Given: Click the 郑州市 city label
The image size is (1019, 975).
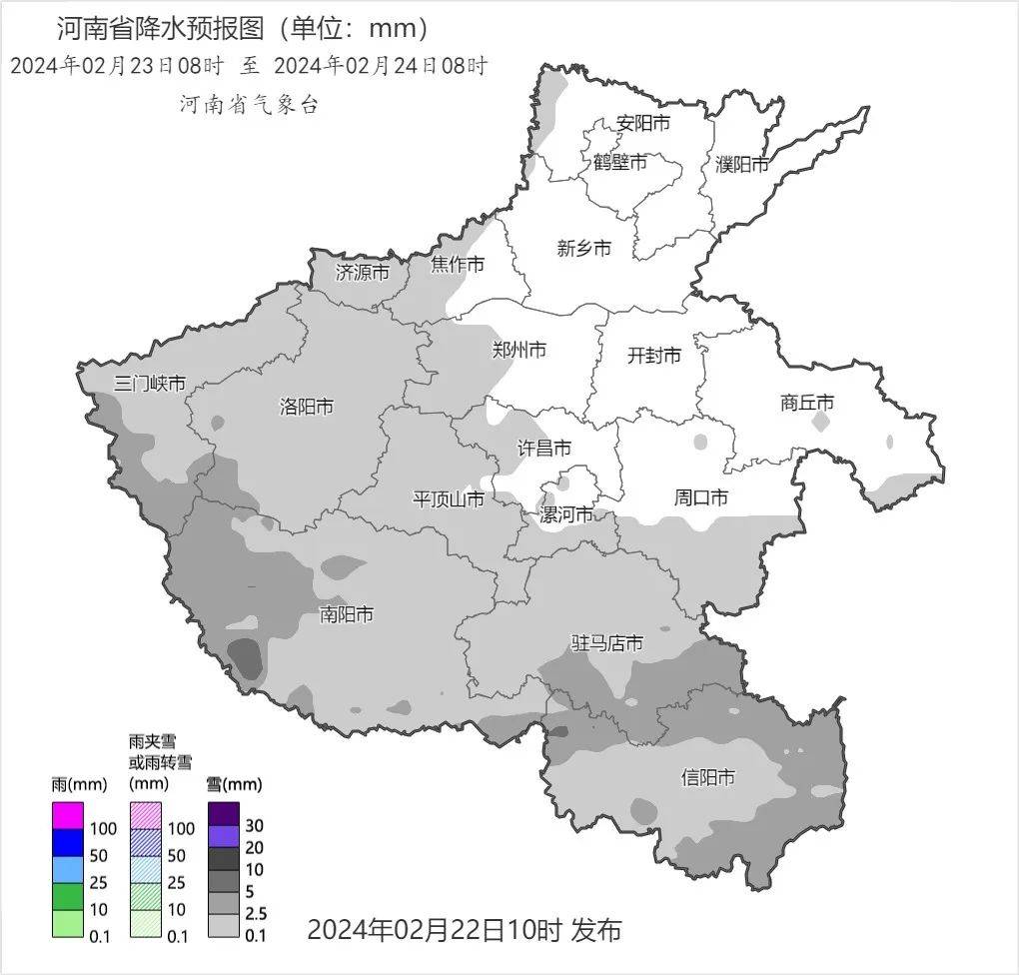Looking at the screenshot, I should point(519,350).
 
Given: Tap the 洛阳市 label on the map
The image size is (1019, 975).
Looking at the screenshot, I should point(307,407).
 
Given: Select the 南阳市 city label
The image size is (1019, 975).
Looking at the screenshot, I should point(347,613).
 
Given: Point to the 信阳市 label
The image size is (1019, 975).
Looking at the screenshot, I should point(708,777).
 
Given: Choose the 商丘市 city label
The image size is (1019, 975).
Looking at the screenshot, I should point(807,404).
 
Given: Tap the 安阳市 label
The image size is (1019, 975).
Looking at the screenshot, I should point(642,124).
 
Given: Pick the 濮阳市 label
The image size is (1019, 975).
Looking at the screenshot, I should point(742,165).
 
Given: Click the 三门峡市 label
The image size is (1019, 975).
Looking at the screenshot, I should point(150,384).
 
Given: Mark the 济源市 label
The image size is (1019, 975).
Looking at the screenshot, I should point(362,272).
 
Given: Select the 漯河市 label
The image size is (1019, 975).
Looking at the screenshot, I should point(566,515).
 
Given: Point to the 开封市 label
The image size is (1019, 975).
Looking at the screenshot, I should point(654,355).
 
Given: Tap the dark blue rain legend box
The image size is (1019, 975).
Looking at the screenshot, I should point(67,843).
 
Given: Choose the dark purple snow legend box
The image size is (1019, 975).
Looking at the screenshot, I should point(223,815).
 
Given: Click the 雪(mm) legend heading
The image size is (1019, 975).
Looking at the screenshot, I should point(234,783).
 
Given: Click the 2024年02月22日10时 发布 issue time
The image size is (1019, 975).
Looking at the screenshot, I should point(464,930).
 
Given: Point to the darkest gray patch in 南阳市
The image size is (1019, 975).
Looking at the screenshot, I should point(246,657).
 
